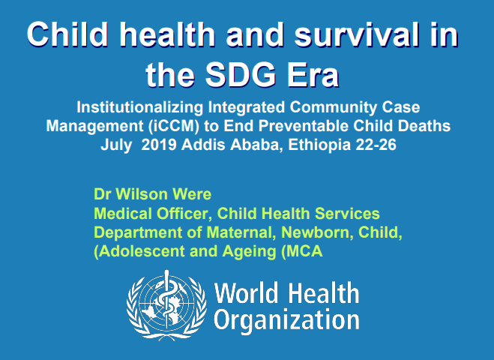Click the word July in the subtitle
(x=117, y=144)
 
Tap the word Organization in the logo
(x=287, y=320)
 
